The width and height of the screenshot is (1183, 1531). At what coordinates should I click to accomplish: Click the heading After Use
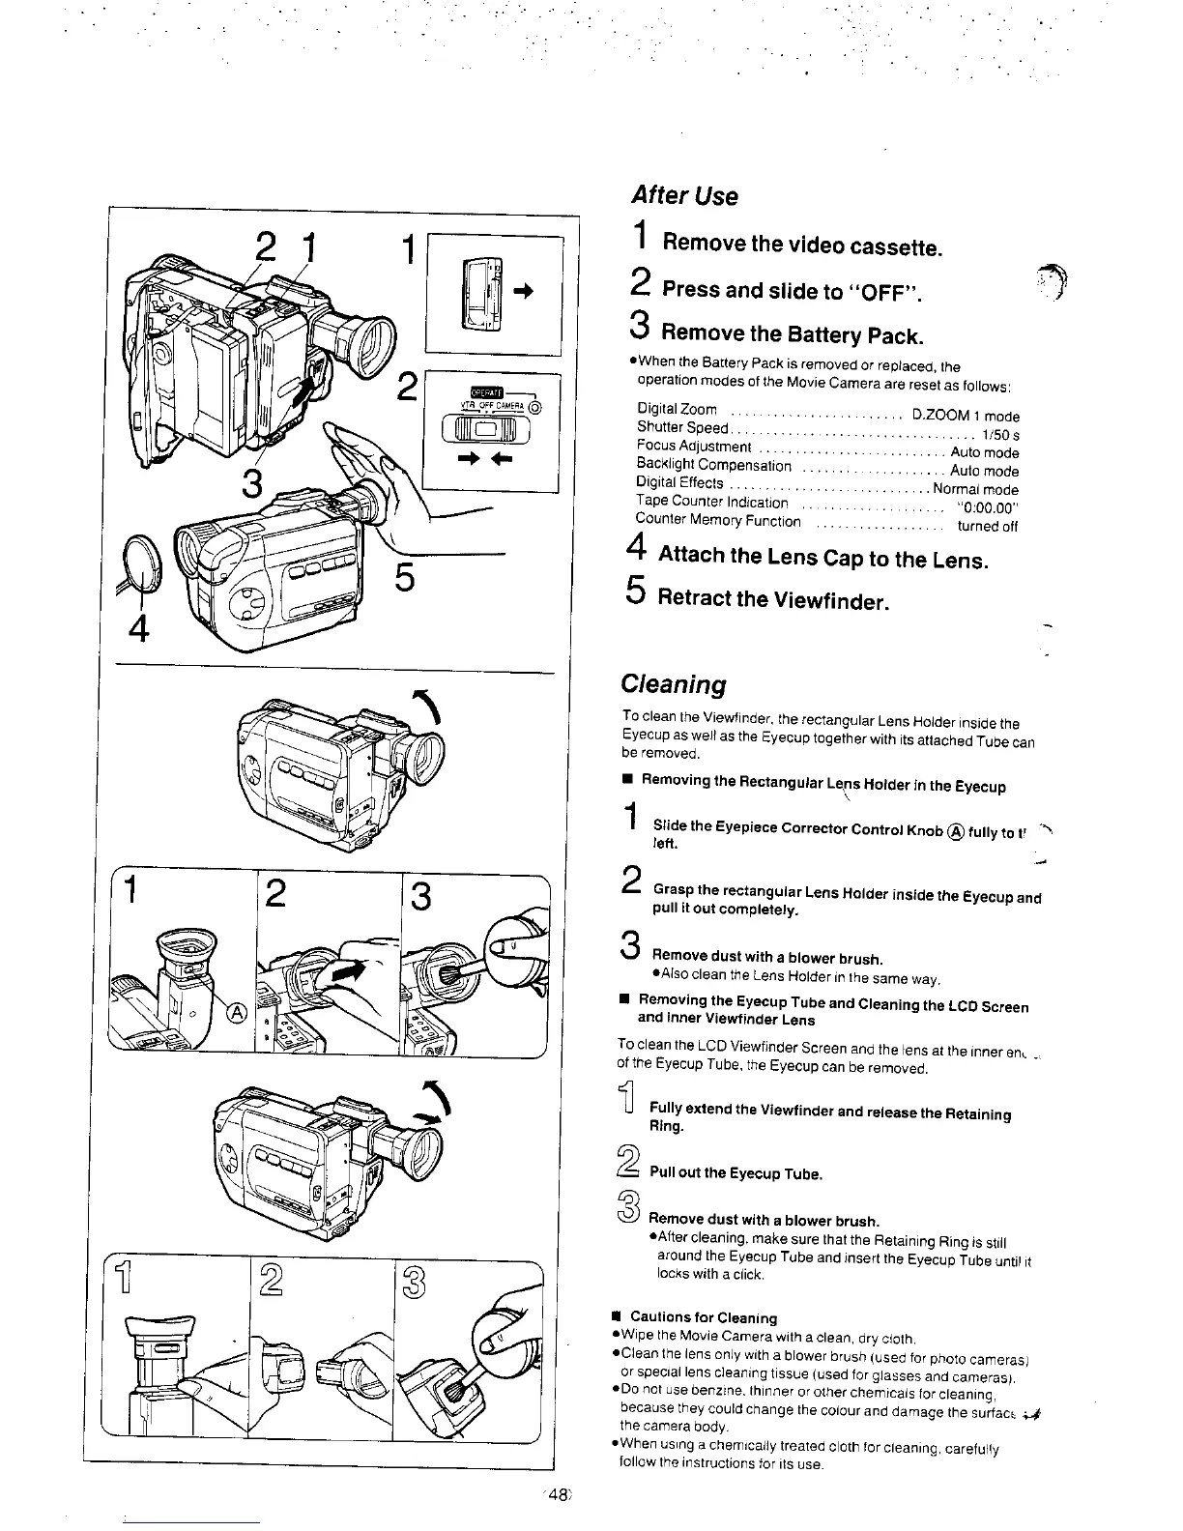click(x=683, y=196)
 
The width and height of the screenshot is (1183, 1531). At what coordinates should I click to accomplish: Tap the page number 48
click(x=558, y=1493)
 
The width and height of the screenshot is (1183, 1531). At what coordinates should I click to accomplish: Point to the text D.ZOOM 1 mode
click(x=966, y=416)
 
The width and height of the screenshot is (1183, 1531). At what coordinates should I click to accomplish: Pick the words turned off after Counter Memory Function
click(x=987, y=527)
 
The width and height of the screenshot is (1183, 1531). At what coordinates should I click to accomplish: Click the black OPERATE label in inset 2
click(x=480, y=390)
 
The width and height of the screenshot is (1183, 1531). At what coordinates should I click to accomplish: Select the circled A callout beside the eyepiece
click(x=237, y=1012)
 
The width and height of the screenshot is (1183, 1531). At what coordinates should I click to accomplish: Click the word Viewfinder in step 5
click(x=831, y=600)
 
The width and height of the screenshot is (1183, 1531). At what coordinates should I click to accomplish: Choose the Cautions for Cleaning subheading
click(x=703, y=1317)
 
